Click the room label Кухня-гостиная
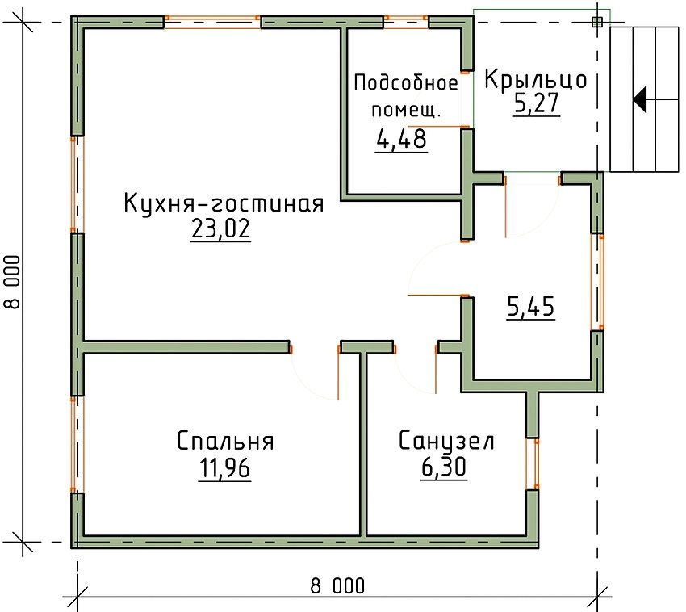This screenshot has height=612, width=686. click(223, 203)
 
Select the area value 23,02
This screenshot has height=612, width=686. click(220, 231)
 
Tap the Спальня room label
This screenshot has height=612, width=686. click(225, 442)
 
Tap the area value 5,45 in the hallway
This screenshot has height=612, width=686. click(530, 308)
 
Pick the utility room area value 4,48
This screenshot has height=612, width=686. click(401, 140)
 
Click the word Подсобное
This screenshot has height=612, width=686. click(406, 82)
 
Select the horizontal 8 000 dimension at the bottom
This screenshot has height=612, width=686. click(337, 586)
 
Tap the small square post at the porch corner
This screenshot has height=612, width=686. click(596, 22)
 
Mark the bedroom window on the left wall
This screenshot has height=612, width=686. click(77, 444)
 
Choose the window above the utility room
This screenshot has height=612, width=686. click(405, 20)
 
